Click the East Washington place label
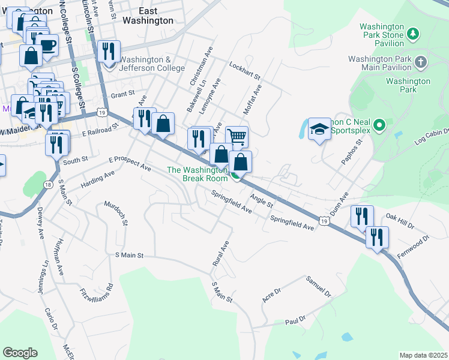pyautogui.click(x=147, y=16)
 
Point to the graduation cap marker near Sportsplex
pyautogui.click(x=319, y=129)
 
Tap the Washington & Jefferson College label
pyautogui.click(x=152, y=64)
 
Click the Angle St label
pyautogui.click(x=262, y=197)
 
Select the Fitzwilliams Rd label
pyautogui.click(x=96, y=293)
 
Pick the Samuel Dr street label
pyautogui.click(x=318, y=287)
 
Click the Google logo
pyautogui.click(x=20, y=353)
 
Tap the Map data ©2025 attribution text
pyautogui.click(x=423, y=355)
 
